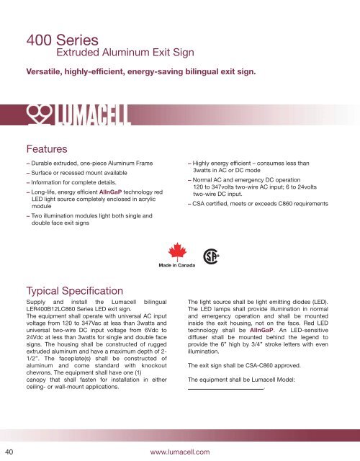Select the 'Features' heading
48,149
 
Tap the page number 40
9,451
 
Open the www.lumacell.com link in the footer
180,451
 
